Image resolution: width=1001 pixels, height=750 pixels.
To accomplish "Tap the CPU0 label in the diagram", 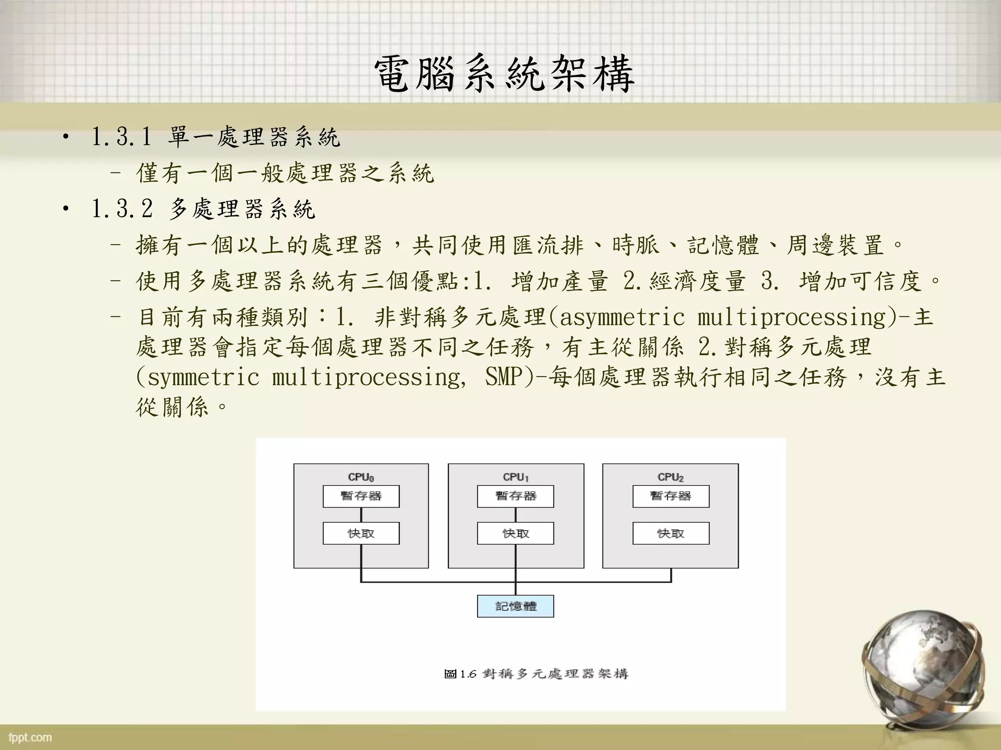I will coord(361,477).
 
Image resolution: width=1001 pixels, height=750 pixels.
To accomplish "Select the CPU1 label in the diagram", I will coord(516,477).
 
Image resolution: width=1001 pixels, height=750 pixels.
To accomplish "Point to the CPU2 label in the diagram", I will coord(671,477).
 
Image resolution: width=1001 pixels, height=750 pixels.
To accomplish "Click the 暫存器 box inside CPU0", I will coord(361,496).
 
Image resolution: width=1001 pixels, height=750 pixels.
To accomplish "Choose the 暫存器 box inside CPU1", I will coord(516,496).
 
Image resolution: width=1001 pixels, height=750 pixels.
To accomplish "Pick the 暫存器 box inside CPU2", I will coord(671,496).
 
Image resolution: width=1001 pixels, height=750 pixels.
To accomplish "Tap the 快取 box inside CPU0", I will coord(361,533).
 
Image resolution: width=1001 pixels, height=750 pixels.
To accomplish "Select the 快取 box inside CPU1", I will coord(516,533).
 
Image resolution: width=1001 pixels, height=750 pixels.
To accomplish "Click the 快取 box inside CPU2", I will coord(671,533).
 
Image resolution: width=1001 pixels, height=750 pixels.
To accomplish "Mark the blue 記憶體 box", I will coord(516,606).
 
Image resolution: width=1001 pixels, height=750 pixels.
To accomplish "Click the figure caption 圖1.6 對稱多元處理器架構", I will coord(536,674).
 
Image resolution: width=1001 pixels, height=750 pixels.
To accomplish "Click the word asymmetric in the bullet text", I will coord(622,317).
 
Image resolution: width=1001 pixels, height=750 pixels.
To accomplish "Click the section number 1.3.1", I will coord(121,137).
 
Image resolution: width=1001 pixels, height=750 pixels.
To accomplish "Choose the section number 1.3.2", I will coord(121,209).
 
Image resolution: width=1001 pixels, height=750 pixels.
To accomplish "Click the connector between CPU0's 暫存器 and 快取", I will coord(361,515).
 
